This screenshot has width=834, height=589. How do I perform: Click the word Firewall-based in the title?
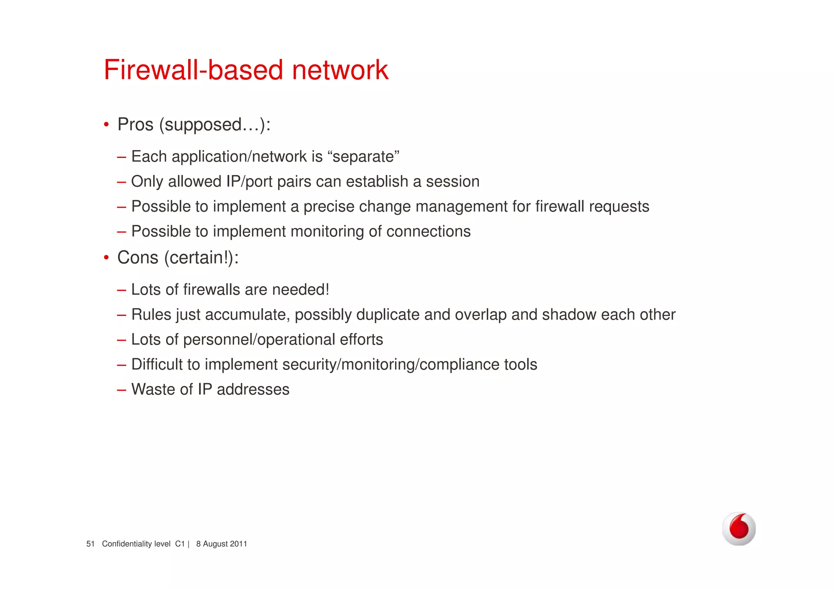point(193,70)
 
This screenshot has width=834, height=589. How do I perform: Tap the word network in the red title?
point(340,70)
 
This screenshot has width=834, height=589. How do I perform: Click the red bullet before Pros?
point(106,125)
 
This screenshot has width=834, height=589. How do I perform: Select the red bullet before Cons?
point(106,258)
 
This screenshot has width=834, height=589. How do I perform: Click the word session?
point(452,182)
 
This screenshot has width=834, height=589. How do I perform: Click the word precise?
point(329,207)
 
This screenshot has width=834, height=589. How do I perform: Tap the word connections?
point(428,232)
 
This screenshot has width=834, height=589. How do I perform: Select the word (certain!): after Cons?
point(201,258)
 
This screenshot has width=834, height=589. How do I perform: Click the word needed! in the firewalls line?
point(300,290)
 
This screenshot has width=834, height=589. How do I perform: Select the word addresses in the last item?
point(253,390)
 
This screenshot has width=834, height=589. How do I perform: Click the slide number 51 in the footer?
point(90,544)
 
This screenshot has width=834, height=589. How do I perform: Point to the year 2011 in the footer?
point(238,544)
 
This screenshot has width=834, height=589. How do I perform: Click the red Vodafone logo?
point(739,528)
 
